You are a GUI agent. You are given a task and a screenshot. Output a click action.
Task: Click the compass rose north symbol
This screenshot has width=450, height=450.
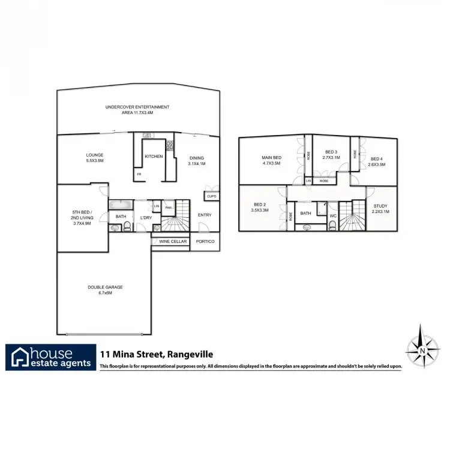click(423, 349)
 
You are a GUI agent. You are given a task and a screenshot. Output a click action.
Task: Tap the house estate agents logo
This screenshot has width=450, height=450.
click(52, 358)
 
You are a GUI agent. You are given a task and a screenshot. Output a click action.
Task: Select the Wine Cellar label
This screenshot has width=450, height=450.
click(173, 242)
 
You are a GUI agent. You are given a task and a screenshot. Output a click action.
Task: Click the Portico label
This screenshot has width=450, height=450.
click(206, 242)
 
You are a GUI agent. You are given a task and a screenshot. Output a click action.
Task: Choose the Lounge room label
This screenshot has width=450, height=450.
click(95, 158)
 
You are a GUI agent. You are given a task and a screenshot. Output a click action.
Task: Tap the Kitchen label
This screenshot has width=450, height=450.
click(154, 157)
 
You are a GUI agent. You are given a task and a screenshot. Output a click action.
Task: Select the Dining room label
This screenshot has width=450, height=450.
click(196, 158)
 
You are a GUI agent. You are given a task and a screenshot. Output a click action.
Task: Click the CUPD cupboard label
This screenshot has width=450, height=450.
click(211, 196)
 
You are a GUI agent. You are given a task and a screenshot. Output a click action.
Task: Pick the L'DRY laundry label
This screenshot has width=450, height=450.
click(146, 217)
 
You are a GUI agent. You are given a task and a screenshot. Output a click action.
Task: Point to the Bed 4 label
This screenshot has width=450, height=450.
click(376, 161)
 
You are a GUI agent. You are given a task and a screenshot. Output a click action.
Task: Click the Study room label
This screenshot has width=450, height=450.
click(381, 209)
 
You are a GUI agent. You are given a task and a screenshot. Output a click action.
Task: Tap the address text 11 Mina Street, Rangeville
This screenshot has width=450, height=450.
click(157, 355)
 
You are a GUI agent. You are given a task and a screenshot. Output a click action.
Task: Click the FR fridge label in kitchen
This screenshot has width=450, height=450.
click(139, 174)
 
